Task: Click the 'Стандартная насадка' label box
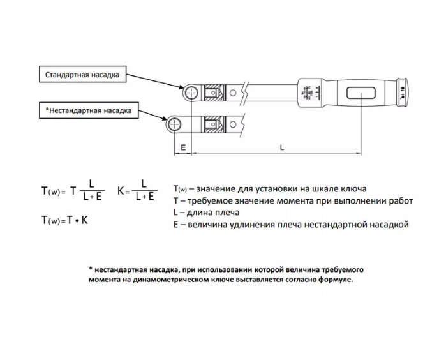82,74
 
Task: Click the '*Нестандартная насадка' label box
89,110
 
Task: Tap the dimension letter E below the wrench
183,147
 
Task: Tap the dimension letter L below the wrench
282,147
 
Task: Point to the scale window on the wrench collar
310,93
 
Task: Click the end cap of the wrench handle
402,93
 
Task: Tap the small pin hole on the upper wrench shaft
233,93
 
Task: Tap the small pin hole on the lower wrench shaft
233,124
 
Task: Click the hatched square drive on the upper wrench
215,93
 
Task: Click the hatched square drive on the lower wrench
215,124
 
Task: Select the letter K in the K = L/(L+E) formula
121,191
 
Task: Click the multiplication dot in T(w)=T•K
77,221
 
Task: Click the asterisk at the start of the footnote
91,268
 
